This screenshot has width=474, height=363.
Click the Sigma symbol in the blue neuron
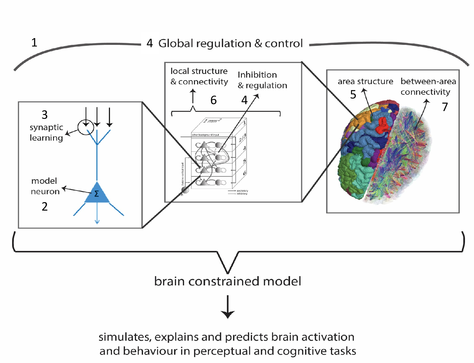[x=96, y=194]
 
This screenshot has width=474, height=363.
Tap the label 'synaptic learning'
[x=46, y=132]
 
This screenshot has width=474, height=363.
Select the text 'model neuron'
[x=45, y=186]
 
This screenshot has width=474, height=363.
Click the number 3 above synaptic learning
[x=45, y=115]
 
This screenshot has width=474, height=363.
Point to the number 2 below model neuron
[x=45, y=207]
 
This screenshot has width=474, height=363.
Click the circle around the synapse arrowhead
[x=85, y=127]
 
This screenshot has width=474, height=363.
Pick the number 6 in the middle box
[x=214, y=100]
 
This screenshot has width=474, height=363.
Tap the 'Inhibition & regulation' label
[x=262, y=80]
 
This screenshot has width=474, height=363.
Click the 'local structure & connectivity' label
[x=199, y=76]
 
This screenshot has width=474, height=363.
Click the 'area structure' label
[x=365, y=82]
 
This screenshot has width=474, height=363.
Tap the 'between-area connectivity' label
[x=428, y=86]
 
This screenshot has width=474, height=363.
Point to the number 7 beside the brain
[x=445, y=107]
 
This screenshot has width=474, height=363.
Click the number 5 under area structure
[x=353, y=95]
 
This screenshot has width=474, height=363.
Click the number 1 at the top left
[x=34, y=43]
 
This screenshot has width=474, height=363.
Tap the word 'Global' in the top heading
[x=175, y=43]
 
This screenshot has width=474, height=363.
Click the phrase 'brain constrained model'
[x=227, y=281]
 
